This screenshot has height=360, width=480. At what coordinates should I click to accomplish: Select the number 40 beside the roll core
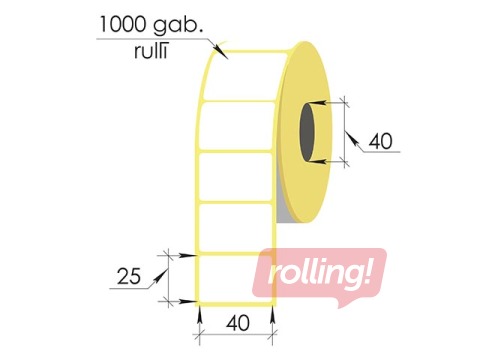pyautogui.click(x=380, y=141)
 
